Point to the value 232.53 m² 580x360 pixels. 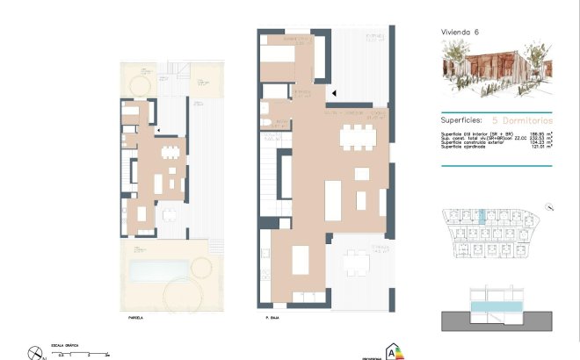click(x=538, y=138)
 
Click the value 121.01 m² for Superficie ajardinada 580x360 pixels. click(x=538, y=147)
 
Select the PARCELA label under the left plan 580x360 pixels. click(x=134, y=318)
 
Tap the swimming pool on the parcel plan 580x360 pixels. click(x=162, y=270)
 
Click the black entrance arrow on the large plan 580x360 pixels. click(x=331, y=90)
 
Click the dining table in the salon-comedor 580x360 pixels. click(x=358, y=136)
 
